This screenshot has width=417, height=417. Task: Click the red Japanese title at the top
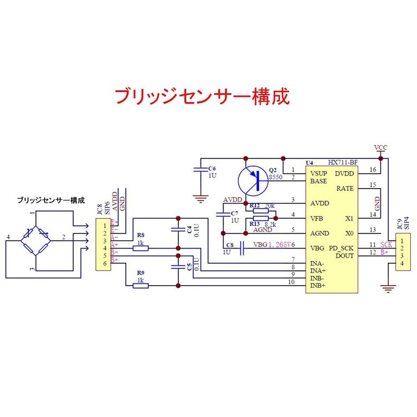tap(201, 96)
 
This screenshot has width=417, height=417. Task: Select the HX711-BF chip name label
tap(344, 163)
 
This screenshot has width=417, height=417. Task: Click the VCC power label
tap(381, 148)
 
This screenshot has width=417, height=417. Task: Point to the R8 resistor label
tap(140, 235)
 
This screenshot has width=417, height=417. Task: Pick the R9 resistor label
tap(140, 273)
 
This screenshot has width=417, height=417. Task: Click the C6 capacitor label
tap(211, 168)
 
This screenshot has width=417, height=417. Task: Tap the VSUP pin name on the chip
tap(318, 174)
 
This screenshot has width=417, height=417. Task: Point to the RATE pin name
tap(346, 188)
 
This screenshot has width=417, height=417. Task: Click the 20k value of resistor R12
tap(270, 205)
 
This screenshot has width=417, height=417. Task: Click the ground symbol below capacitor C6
tap(199, 198)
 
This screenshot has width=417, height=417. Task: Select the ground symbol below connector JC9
tap(387, 287)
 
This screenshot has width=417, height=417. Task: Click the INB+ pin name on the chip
tap(318, 286)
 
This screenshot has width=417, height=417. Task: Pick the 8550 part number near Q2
tap(276, 177)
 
